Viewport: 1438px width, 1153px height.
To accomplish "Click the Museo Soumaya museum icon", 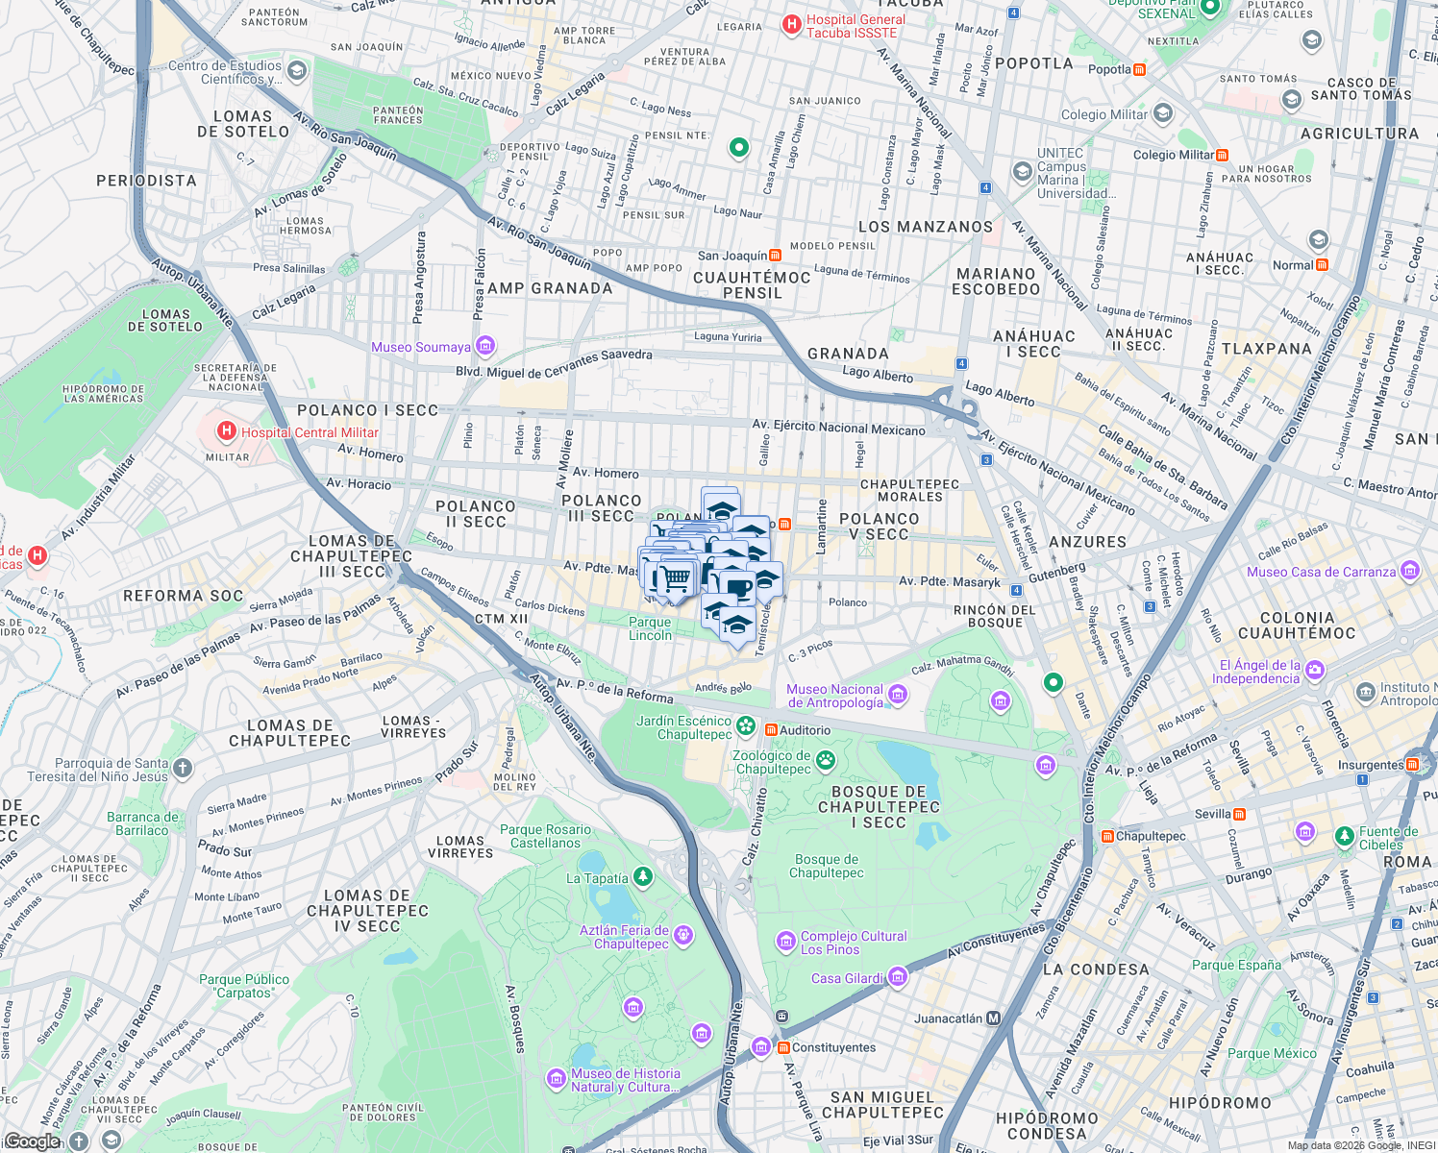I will pos(485,346).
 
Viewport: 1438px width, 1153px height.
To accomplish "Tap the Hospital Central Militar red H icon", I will pos(227,431).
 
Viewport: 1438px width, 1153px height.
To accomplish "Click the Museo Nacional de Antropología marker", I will pos(897,695).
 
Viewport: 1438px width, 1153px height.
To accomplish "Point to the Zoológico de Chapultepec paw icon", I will pos(826,762).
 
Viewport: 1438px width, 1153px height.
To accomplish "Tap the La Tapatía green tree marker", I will pos(643,876).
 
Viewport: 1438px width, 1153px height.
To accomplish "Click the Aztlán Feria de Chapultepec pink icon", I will pos(682,934).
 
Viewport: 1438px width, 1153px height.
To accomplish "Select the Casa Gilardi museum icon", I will pos(898,977).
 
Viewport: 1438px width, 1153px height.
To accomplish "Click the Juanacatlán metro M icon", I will pos(994,1018).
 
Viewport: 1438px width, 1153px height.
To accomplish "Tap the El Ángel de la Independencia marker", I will pos(1314,670).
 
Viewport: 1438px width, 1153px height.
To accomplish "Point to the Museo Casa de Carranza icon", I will pos(1410,571).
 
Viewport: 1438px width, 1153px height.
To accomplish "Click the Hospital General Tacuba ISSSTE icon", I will pos(792,25).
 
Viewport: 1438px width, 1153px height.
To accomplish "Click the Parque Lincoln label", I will pos(651,628).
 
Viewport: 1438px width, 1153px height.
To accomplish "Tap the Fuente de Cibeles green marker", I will pos(1345,836).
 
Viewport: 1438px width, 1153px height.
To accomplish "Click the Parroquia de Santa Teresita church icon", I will pos(183,768).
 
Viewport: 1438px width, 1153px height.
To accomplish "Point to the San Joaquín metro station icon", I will pos(775,256).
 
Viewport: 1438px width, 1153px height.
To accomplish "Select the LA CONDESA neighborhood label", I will pos(1096,969).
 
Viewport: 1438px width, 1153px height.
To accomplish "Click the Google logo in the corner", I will pos(32,1141).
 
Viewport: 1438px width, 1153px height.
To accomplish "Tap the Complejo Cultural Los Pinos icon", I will pos(786,941).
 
